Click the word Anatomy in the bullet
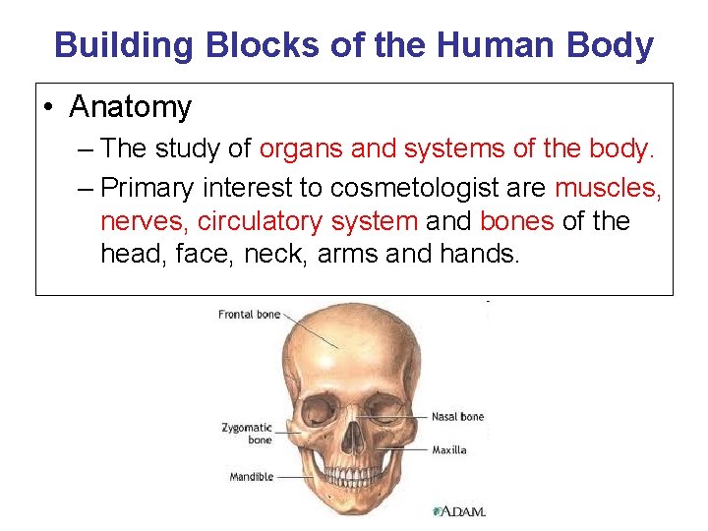click(x=130, y=107)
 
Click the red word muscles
click(x=608, y=187)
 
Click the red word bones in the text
click(x=517, y=221)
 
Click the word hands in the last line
click(x=480, y=255)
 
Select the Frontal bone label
click(x=249, y=315)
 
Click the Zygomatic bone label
click(x=247, y=434)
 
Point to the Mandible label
click(x=251, y=477)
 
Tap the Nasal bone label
click(x=458, y=417)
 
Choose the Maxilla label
click(x=448, y=450)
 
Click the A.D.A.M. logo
click(x=458, y=511)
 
